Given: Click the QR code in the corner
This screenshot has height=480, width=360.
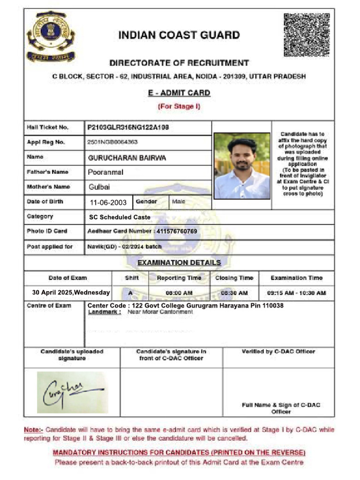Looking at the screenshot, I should (x=307, y=35).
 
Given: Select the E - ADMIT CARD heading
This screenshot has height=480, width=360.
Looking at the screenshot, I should (x=179, y=93).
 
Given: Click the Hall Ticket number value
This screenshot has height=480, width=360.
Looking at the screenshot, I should (x=128, y=127).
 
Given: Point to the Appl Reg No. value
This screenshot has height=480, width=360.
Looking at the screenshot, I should (x=112, y=142).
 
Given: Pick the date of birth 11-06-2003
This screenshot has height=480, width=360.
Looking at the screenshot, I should (x=108, y=202).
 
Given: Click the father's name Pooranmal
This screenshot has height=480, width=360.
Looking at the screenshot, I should (x=105, y=172).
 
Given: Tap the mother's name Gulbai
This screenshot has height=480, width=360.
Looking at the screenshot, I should (x=99, y=187).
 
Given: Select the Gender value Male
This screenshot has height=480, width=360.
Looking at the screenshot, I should (x=179, y=202).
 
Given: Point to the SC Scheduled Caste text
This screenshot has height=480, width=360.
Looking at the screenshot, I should (x=120, y=217).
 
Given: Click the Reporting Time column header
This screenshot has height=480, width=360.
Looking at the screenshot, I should (x=179, y=278).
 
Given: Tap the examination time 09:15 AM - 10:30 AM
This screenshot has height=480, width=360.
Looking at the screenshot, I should (x=296, y=293).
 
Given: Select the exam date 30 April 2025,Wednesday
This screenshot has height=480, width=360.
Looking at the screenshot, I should (x=71, y=292).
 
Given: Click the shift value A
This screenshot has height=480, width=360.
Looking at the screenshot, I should (x=130, y=293).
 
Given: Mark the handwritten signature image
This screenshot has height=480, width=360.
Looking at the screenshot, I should (x=72, y=392).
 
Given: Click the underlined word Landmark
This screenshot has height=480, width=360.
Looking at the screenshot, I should (x=97, y=312).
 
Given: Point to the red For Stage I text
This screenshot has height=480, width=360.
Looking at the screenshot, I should (x=179, y=106).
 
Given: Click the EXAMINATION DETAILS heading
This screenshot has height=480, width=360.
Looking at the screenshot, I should (x=179, y=262).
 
